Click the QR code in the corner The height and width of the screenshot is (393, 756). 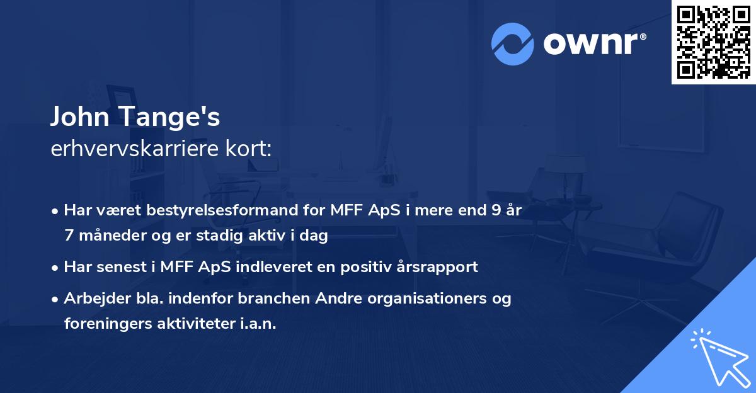(x=713, y=42)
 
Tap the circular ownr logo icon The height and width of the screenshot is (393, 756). (x=513, y=44)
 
